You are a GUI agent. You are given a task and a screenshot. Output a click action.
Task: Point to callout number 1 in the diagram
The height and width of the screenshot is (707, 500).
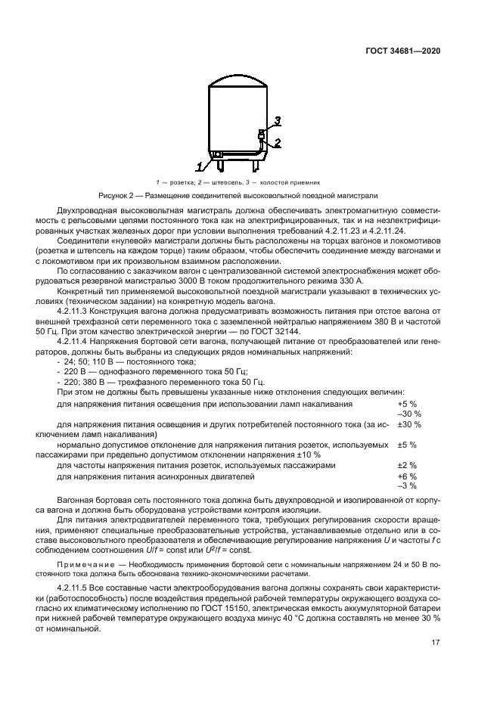(200, 164)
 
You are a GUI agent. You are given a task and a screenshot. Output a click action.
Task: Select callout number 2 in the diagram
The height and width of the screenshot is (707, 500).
(277, 141)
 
